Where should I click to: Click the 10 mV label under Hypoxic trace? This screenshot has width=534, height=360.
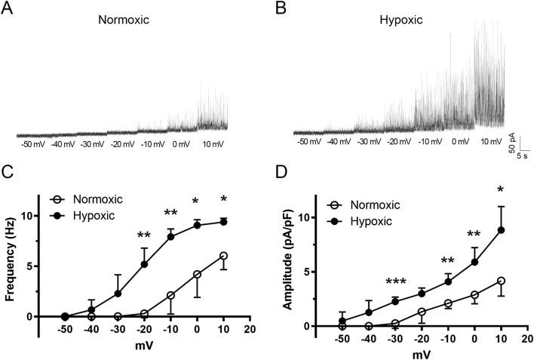pyautogui.click(x=491, y=141)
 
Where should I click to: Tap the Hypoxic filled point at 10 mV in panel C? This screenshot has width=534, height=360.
pyautogui.click(x=224, y=221)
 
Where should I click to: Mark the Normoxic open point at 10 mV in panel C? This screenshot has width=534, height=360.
pyautogui.click(x=224, y=256)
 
